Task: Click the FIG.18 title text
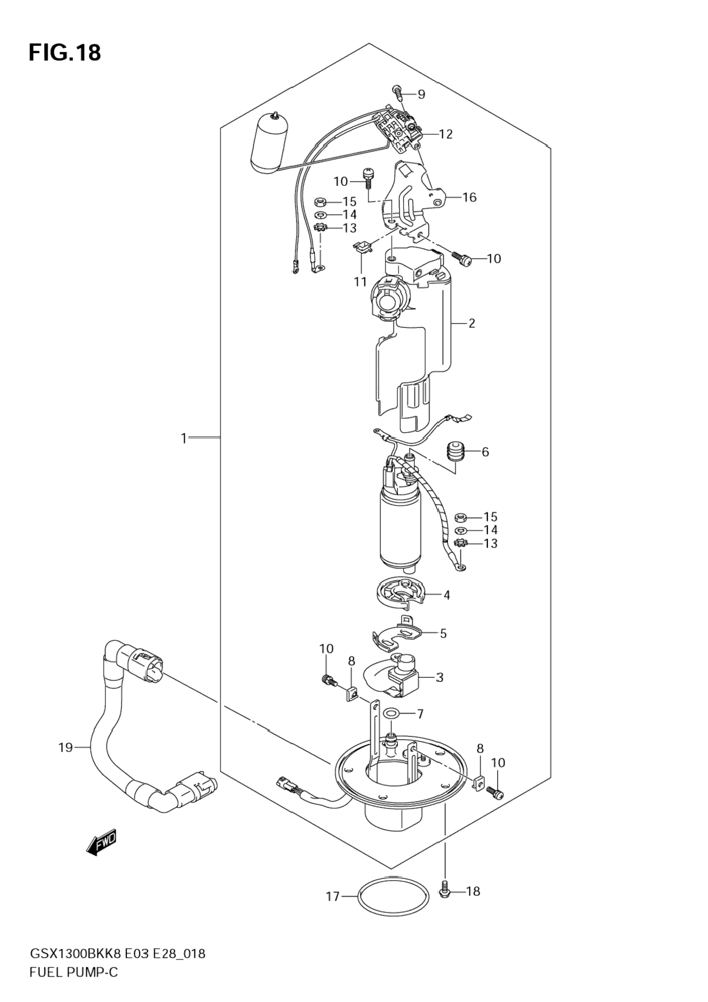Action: [x=65, y=53]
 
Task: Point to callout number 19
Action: [x=65, y=748]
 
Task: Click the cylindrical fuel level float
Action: [x=269, y=142]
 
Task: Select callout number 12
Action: [x=446, y=134]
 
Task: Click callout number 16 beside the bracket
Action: [x=469, y=197]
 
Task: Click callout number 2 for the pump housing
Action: [x=472, y=324]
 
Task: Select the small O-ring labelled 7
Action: [x=391, y=714]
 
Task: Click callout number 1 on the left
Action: [x=184, y=438]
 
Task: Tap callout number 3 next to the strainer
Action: [x=439, y=677]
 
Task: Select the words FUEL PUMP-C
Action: [x=74, y=973]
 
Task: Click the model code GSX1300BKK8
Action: [x=75, y=954]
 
